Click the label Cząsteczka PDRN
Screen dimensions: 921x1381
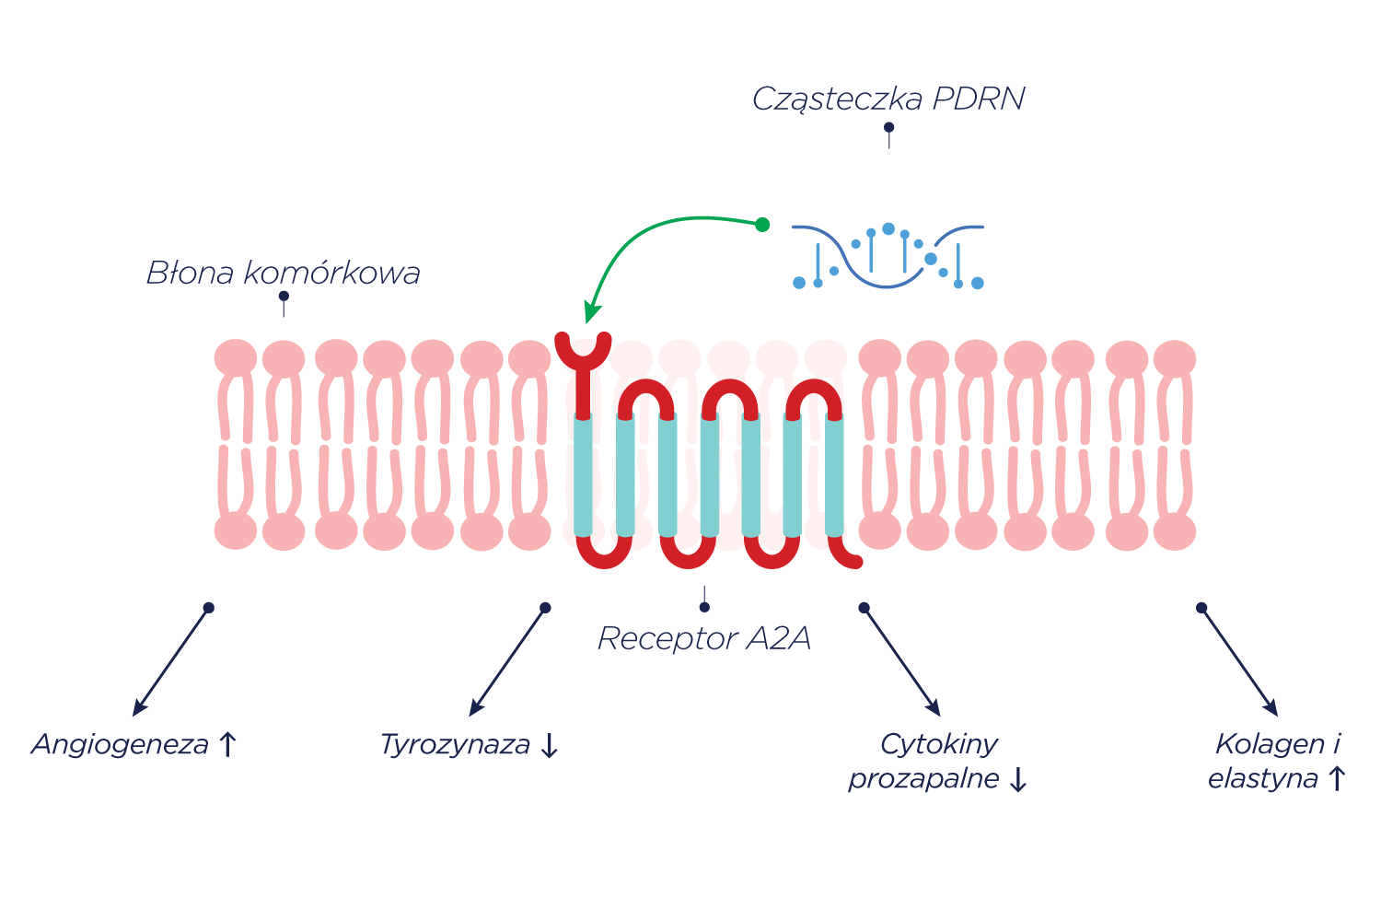888,99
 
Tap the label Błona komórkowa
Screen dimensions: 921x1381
283,273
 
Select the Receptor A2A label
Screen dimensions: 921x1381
704,638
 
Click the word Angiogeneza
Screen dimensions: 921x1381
121,744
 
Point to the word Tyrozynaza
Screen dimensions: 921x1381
455,744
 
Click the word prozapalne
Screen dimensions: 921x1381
923,779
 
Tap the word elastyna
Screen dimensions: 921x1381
1262,779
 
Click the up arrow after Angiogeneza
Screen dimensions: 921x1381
228,744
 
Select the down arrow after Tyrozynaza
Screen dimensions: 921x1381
550,745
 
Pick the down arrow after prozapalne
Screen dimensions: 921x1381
1017,780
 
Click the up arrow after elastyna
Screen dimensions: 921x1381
1337,779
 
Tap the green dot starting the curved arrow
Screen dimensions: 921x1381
762,225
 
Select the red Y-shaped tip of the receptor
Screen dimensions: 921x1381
583,351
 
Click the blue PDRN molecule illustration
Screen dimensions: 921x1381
888,256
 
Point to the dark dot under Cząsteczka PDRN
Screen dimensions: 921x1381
888,127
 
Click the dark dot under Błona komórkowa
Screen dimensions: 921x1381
284,297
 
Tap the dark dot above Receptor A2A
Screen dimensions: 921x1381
704,607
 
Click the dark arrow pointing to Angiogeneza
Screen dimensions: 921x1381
172,660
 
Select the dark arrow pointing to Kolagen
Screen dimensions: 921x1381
1239,660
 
